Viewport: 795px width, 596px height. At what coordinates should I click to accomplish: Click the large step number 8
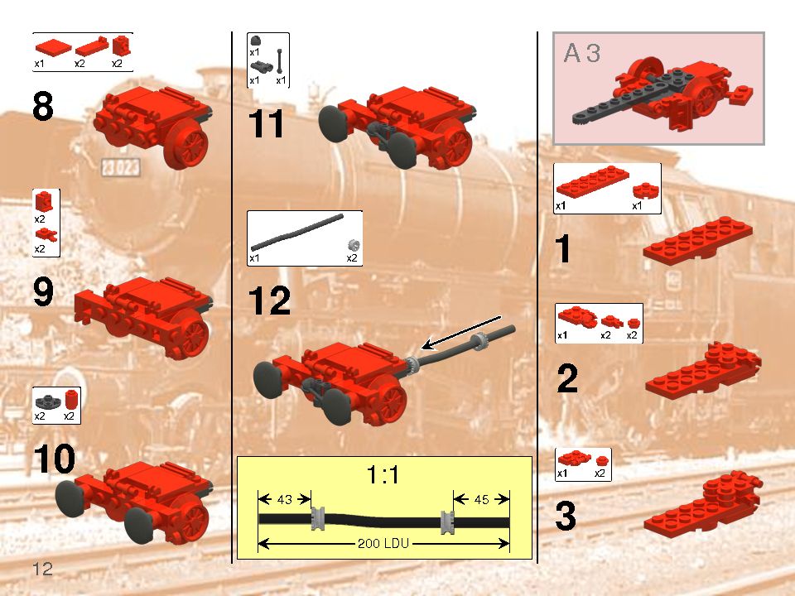coord(55,108)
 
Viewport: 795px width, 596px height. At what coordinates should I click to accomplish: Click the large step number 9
coord(55,292)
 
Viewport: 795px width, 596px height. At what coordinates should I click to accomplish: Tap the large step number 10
coord(55,459)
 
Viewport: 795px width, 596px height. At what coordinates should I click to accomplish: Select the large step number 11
coord(267,125)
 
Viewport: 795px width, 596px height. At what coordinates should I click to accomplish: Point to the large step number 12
coord(269,300)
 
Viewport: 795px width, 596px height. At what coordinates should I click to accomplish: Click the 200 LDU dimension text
coord(384,544)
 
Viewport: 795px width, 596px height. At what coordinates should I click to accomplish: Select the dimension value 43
coord(284,499)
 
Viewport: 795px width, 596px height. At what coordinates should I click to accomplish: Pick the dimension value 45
coord(481,499)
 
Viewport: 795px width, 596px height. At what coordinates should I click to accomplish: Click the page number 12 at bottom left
coord(43,569)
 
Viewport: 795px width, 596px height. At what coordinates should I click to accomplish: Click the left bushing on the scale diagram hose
coord(317,521)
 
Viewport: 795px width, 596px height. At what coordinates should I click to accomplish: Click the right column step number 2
coord(567,379)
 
